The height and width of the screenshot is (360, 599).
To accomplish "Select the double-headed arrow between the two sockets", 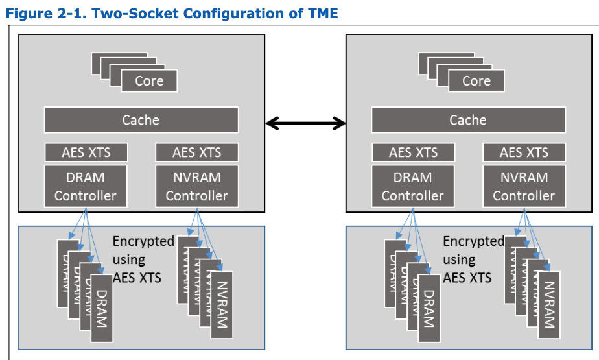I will click(305, 122).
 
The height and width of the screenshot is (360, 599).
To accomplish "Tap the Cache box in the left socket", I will click(141, 120).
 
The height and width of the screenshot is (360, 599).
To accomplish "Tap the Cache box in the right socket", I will click(468, 120).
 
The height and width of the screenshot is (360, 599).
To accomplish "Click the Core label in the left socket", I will click(149, 81).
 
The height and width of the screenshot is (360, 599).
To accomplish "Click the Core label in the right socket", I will click(476, 81).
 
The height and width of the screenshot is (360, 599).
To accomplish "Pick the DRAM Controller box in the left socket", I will click(86, 186).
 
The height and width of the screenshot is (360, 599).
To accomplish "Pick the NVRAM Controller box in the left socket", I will click(196, 186).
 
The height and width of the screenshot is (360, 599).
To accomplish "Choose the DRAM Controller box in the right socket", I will click(413, 186).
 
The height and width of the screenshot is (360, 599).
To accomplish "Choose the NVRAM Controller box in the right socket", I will click(524, 186).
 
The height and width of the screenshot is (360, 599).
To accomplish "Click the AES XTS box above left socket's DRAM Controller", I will click(86, 153).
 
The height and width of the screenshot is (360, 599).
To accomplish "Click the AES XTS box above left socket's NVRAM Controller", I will click(196, 153).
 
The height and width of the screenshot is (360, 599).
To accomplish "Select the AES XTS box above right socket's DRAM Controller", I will click(413, 153).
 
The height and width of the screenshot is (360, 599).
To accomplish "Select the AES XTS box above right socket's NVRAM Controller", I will click(524, 153).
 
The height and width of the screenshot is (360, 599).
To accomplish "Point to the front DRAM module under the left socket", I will click(101, 309).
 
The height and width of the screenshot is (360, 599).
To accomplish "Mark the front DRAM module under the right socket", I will click(429, 309).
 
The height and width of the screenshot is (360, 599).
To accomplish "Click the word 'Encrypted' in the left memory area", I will click(143, 241).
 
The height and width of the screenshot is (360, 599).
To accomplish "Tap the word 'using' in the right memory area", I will click(459, 259).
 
